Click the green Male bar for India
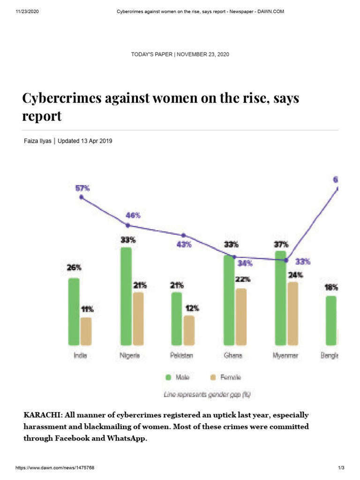[x=74, y=311]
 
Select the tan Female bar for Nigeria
[x=138, y=319]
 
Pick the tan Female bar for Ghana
[x=241, y=317]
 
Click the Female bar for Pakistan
[x=188, y=330]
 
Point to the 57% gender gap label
[x=82, y=188]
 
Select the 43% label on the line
[x=184, y=245]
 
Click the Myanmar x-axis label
[x=285, y=356]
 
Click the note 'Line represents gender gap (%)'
[x=207, y=395]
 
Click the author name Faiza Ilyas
[x=37, y=141]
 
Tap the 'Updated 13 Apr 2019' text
[x=85, y=141]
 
